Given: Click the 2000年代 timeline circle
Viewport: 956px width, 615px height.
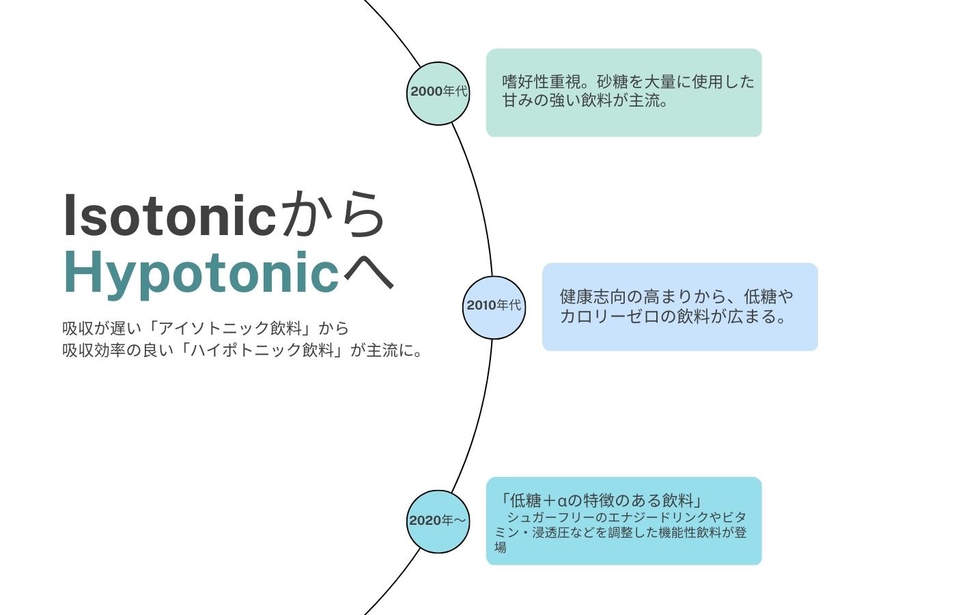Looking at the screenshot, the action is pos(438,94).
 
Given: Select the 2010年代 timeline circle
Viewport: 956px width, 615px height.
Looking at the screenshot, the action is pos(494,307).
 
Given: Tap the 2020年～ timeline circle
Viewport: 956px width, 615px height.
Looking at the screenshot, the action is pos(438,521).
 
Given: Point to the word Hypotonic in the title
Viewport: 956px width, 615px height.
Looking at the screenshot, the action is pos(201,273).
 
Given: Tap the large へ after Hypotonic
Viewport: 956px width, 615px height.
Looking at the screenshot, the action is pos(368,274).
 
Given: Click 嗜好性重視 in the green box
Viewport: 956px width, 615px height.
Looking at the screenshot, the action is pos(542,81).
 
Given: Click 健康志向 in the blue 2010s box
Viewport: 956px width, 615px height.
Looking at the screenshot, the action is pos(591,296).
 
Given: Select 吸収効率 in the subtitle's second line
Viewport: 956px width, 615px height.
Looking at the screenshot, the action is pos(94,350).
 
